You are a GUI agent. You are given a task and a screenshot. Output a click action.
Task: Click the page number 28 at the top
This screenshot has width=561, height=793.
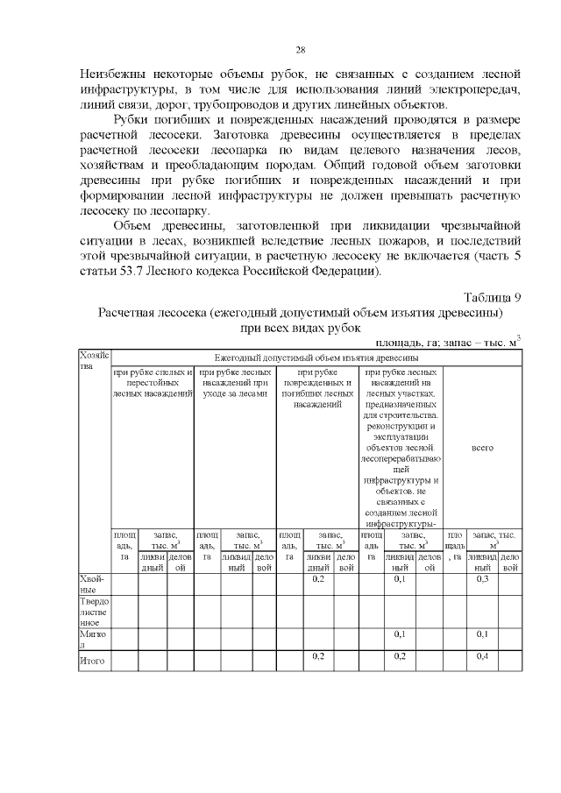point(300,49)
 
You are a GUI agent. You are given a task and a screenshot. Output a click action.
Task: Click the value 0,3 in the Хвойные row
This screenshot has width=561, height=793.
point(482,579)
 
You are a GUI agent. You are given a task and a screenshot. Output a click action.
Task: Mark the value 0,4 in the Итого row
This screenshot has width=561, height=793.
point(482,655)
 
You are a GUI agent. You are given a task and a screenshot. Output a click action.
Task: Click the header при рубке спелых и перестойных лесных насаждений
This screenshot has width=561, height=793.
point(153,383)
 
